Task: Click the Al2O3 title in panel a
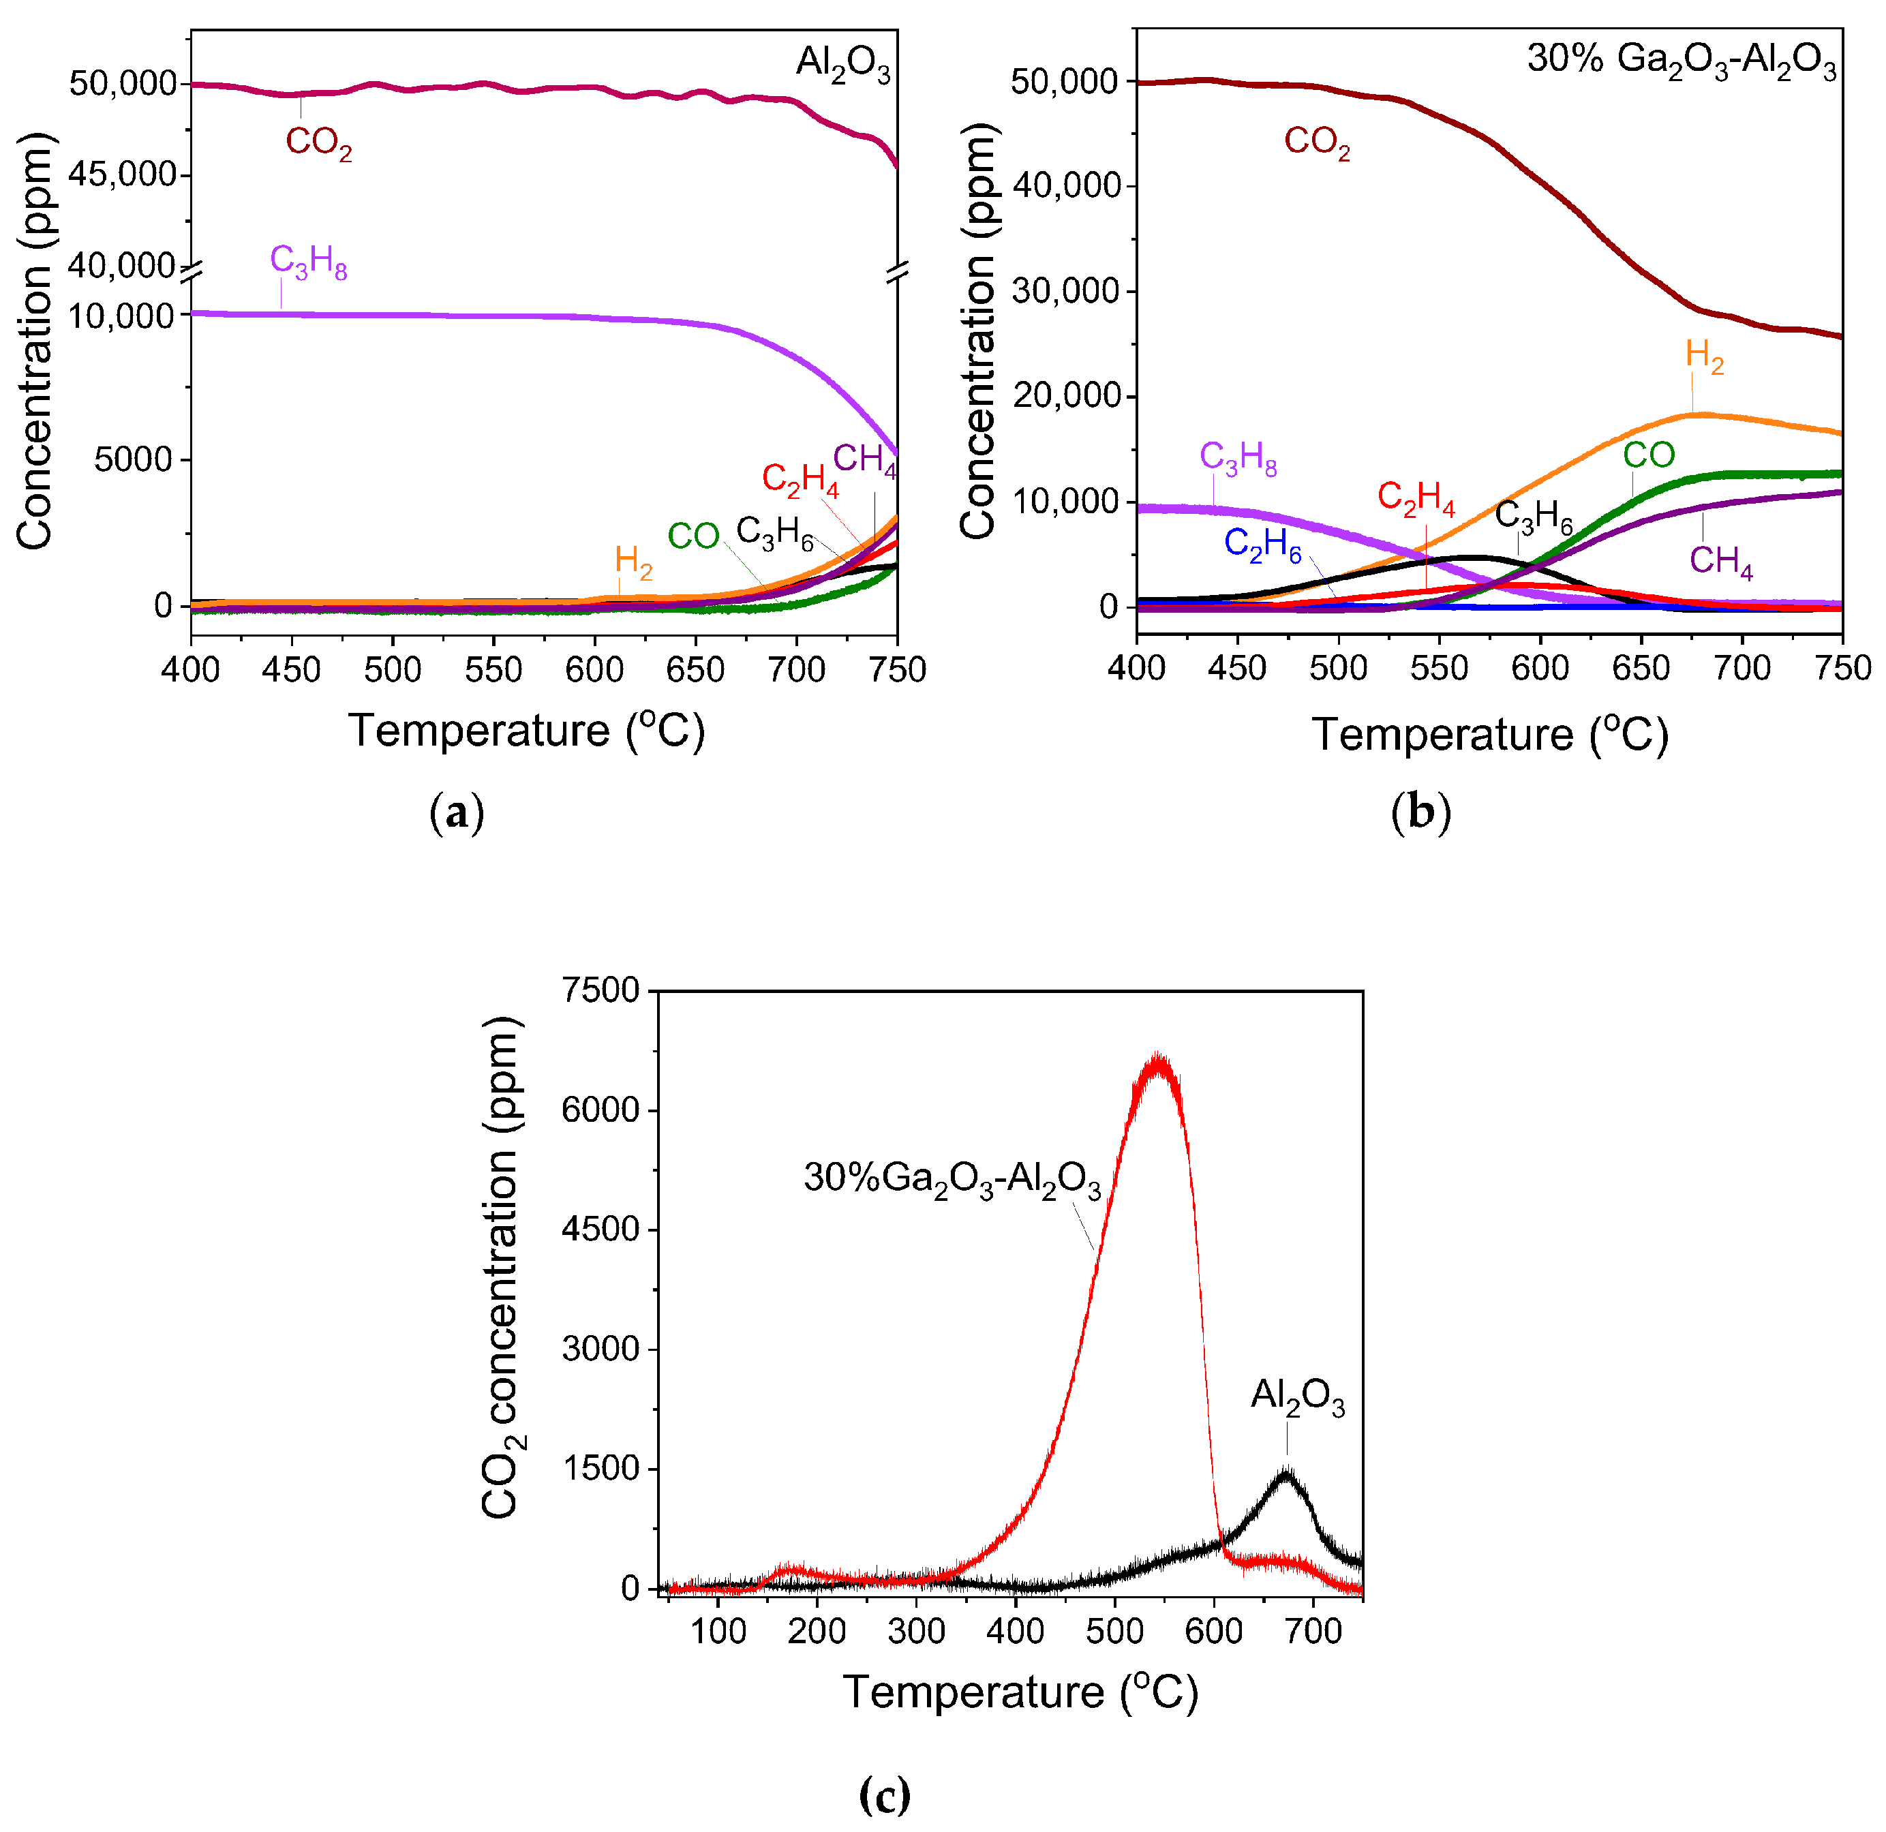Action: click(843, 63)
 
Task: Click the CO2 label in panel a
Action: click(318, 142)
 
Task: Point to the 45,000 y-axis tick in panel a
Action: click(123, 175)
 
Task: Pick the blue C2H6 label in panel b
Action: click(1262, 544)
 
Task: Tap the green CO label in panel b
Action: click(1649, 455)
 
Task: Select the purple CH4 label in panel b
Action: click(1722, 561)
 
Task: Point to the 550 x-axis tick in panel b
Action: click(1440, 668)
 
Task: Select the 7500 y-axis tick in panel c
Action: click(601, 990)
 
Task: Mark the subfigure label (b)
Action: click(1420, 813)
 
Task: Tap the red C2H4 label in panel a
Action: click(800, 479)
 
